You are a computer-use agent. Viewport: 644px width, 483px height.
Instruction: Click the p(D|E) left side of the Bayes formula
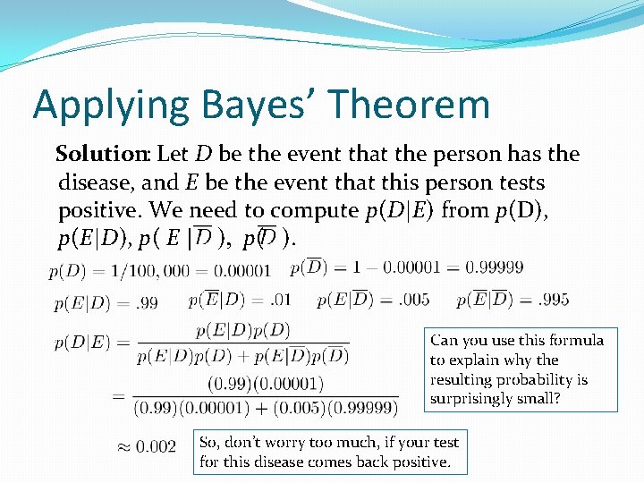pyautogui.click(x=78, y=343)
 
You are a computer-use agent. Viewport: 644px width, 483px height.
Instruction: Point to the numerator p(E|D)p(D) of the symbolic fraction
pyautogui.click(x=242, y=331)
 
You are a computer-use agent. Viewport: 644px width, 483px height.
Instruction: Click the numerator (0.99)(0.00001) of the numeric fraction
pyautogui.click(x=266, y=384)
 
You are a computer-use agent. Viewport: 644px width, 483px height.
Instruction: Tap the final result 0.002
pyautogui.click(x=156, y=446)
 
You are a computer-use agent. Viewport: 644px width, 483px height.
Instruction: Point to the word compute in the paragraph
pyautogui.click(x=315, y=211)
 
